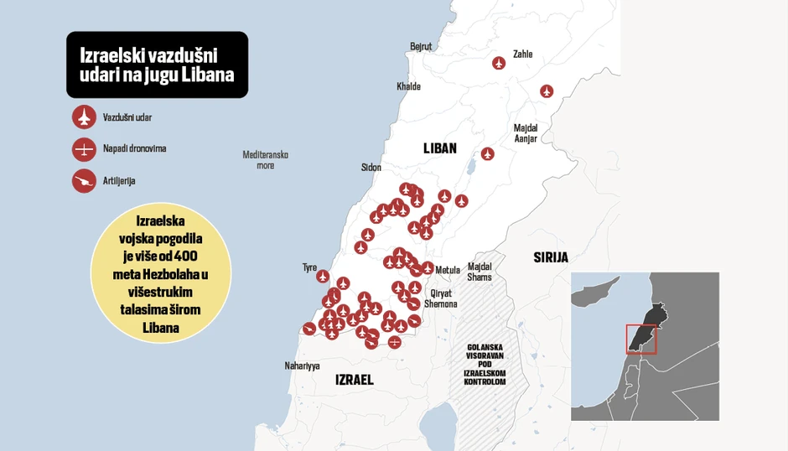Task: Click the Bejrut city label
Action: (420, 46)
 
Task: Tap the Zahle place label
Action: (522, 54)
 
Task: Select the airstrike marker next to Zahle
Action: (500, 63)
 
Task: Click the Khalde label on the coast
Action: (408, 86)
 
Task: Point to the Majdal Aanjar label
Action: (526, 133)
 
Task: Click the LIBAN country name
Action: (440, 148)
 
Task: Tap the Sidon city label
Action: (371, 167)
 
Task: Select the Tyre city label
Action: (309, 267)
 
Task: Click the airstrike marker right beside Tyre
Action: (324, 275)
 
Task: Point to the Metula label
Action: (448, 270)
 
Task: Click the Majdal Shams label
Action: (480, 272)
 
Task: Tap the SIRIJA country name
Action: (551, 257)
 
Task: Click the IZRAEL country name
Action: (354, 380)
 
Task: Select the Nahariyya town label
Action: (303, 366)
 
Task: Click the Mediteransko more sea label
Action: (265, 160)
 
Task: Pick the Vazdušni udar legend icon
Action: (84, 117)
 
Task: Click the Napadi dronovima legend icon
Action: (84, 149)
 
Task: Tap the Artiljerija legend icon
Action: (84, 180)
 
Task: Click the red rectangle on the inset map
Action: (641, 339)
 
